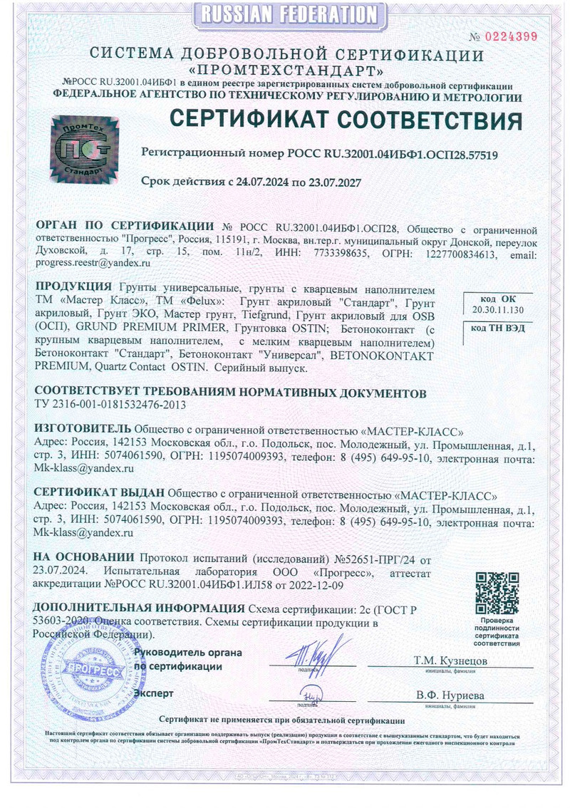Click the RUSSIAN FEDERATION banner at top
coord(285,14)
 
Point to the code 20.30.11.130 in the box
coord(497,310)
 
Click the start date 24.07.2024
coord(257,182)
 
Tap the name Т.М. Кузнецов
coord(450,661)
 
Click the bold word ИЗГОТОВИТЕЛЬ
coord(83,430)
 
